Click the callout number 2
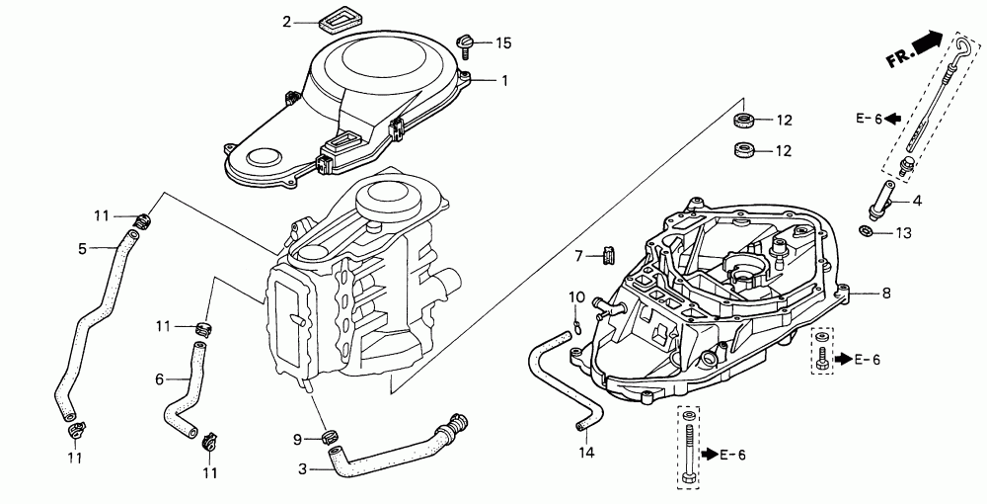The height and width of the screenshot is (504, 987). [287, 22]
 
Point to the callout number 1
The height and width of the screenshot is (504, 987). [503, 80]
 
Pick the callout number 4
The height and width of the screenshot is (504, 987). [917, 201]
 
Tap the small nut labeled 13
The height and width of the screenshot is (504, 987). [864, 231]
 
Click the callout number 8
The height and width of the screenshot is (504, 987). [885, 293]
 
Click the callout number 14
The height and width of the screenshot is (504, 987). [584, 453]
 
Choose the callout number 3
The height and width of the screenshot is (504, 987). [302, 469]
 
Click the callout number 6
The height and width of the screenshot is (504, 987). [159, 378]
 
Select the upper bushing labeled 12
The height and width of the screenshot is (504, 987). [745, 122]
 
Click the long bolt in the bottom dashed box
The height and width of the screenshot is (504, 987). [688, 448]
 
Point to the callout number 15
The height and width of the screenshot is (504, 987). [503, 42]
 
